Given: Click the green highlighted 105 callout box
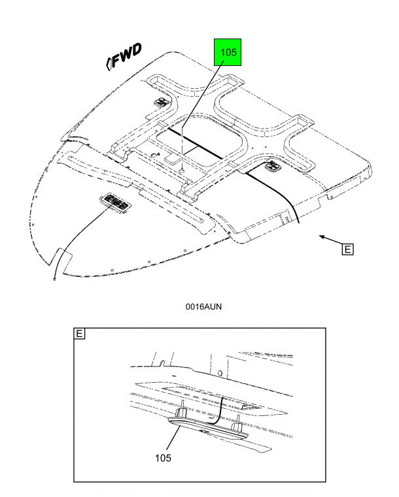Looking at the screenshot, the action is point(228,52).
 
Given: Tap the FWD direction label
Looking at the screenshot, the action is point(127,56).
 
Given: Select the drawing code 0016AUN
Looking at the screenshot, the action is point(203,306).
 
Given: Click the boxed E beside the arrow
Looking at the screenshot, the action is point(347,249).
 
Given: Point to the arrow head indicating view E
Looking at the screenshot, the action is point(322,236).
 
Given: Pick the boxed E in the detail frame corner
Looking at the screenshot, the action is point(79,334).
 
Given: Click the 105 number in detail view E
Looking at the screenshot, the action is point(163,458).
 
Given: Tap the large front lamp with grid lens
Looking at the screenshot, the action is point(115,202).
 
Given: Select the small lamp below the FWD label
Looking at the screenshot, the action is point(161,103).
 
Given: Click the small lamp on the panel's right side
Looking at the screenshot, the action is point(273,165).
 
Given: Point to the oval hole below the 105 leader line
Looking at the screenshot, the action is point(182,171).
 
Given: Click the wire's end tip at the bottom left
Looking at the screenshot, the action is point(54,280).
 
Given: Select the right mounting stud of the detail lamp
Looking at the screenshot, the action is point(237,423).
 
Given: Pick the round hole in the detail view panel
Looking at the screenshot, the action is point(220,373).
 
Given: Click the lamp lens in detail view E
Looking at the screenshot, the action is point(208,428).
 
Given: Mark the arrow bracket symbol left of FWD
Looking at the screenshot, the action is point(109,63).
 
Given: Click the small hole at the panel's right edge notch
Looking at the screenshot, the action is point(331,197).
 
